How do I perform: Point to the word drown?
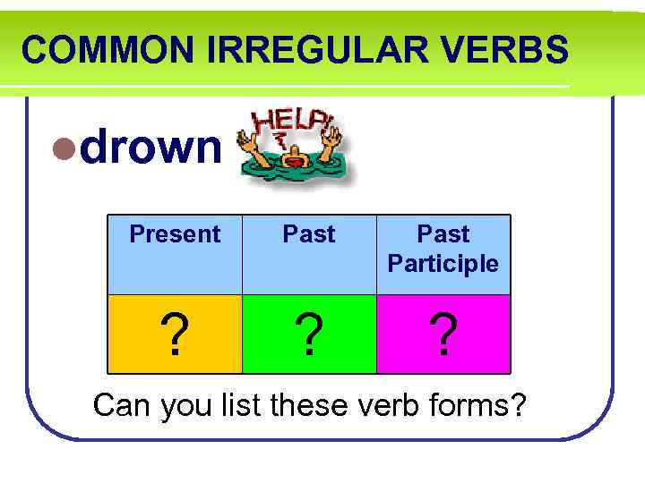pos(150,148)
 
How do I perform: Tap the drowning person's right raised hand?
pos(332,137)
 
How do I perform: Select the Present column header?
pos(175,234)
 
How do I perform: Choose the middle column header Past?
pos(309,234)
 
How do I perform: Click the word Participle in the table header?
pos(443,264)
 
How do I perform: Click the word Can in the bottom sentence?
pos(124,405)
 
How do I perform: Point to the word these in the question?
pos(314,405)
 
